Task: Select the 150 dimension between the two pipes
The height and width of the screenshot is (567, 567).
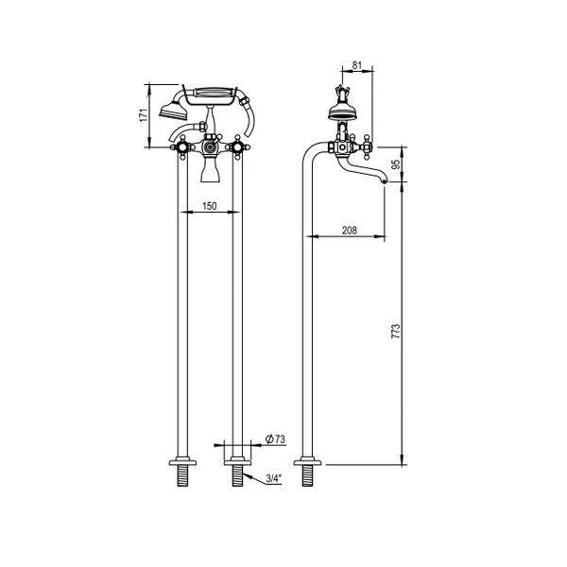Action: [208, 205]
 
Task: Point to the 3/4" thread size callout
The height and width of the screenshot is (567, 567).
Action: [272, 478]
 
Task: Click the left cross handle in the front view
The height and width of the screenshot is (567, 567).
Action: [179, 146]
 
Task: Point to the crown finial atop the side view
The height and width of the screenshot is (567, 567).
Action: [341, 94]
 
